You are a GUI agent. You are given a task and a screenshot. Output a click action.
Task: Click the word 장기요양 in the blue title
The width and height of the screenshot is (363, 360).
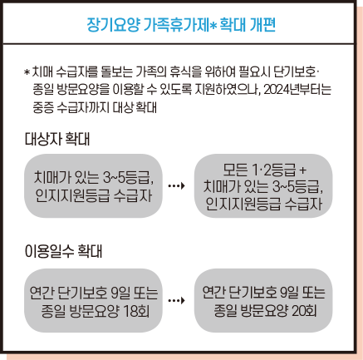click(113, 25)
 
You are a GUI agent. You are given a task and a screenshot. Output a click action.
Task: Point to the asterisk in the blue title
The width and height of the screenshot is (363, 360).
click(213, 26)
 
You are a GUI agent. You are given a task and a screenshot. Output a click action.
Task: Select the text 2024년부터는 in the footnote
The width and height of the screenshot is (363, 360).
click(297, 90)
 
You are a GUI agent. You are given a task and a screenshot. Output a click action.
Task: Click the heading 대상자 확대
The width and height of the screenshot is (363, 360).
click(57, 139)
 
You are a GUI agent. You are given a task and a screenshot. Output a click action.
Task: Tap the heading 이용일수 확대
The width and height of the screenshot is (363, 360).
click(63, 251)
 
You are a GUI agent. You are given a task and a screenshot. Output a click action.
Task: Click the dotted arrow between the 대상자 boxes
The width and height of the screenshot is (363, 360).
click(176, 185)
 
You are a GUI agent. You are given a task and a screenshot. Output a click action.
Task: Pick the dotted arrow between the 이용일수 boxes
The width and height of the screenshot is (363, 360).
click(176, 300)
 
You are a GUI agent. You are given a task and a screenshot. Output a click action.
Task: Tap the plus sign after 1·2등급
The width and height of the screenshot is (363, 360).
click(303, 170)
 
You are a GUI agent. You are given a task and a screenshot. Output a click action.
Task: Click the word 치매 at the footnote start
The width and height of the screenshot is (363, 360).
click(42, 72)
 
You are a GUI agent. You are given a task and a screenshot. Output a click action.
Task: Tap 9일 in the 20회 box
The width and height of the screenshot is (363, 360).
click(290, 293)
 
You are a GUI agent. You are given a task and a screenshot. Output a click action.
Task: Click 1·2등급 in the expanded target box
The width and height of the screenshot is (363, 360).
click(274, 170)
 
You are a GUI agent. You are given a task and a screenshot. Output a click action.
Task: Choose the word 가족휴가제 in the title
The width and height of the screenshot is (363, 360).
click(176, 25)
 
